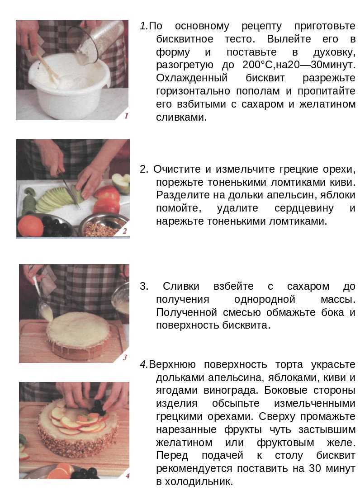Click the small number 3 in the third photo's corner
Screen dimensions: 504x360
point(125,358)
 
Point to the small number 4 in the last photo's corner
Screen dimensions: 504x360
point(126,475)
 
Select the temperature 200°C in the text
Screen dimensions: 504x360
point(255,65)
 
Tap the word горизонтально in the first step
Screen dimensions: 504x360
point(194,91)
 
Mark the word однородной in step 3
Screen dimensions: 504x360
point(265,299)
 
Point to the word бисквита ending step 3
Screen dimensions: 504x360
point(246,325)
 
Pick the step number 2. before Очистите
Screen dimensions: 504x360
point(144,170)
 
